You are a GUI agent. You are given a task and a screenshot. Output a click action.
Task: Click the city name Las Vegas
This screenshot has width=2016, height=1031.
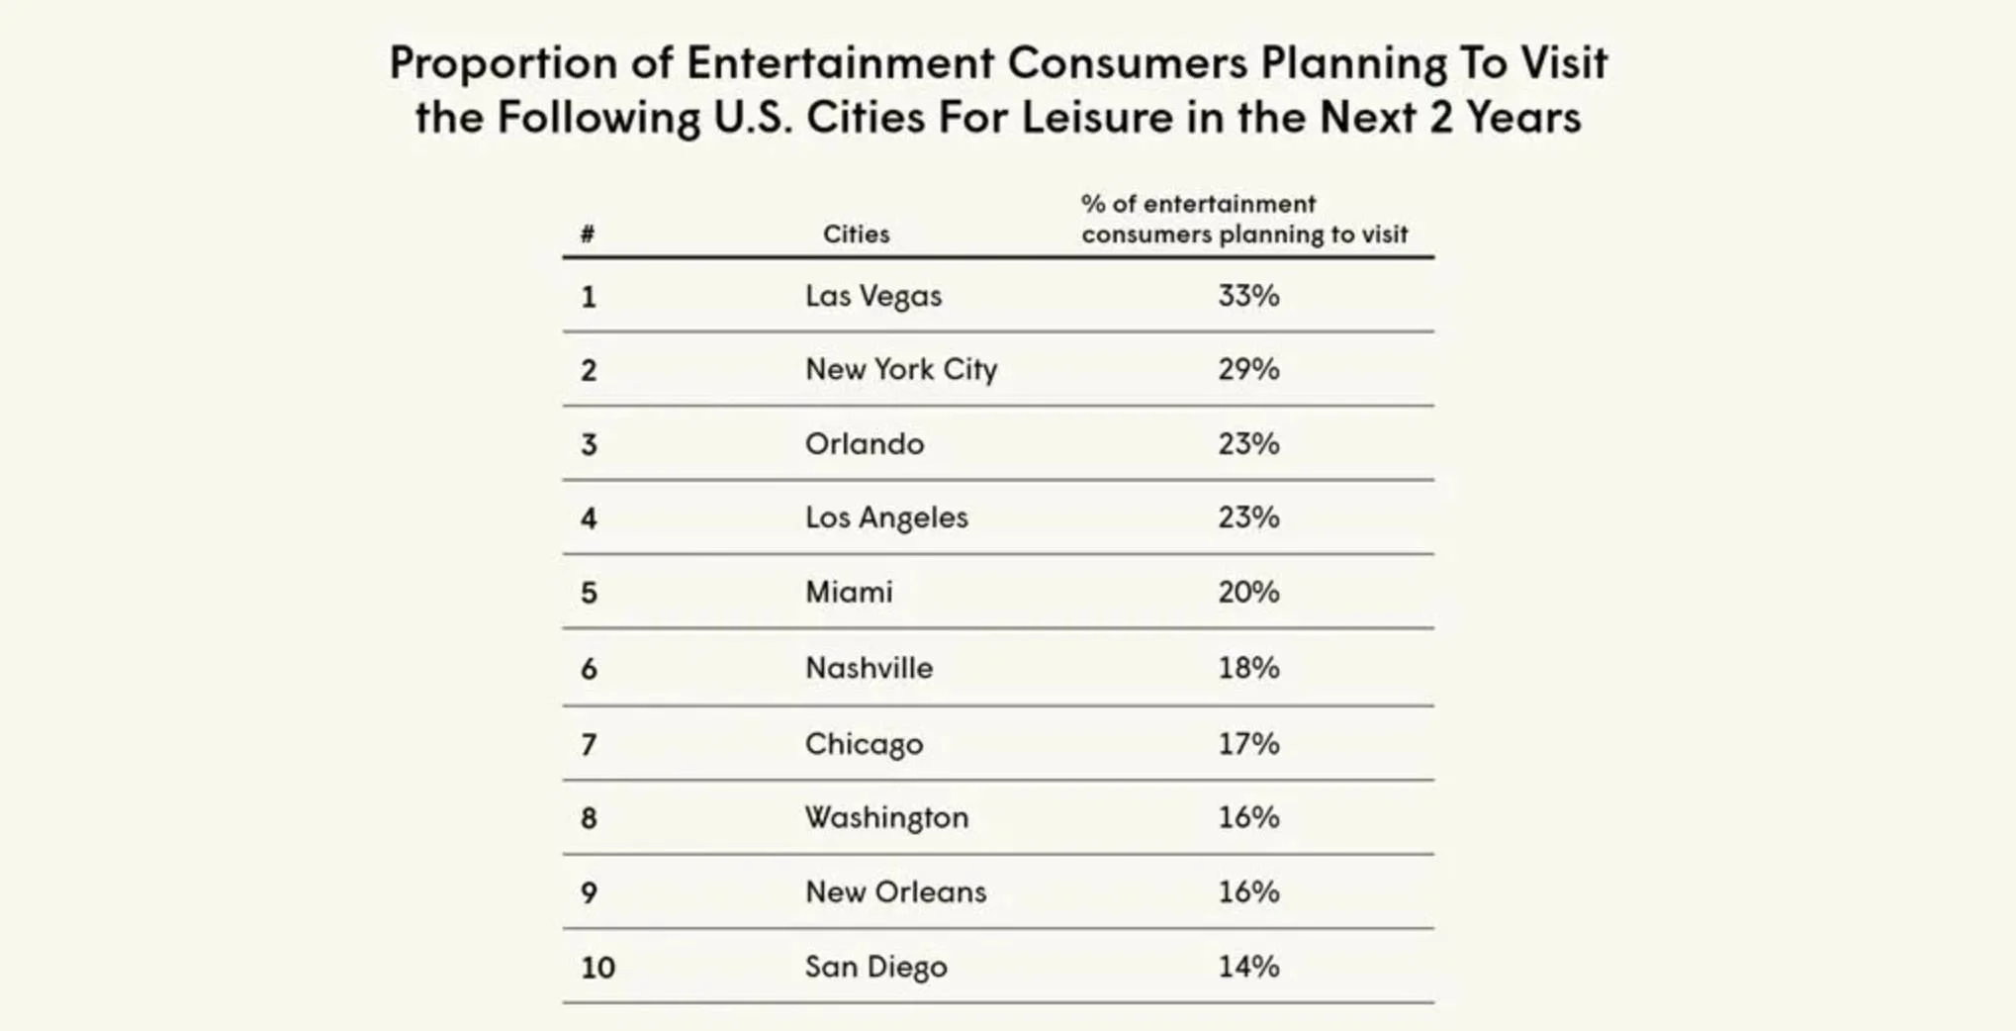pos(872,296)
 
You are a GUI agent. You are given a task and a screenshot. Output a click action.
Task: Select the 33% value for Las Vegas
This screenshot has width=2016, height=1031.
pos(1248,296)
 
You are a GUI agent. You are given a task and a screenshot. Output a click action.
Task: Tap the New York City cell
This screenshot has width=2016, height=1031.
pos(900,369)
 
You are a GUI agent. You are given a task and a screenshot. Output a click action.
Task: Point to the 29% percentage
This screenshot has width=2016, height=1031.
pos(1248,369)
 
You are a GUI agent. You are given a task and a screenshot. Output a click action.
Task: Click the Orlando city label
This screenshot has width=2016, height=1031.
pos(864,443)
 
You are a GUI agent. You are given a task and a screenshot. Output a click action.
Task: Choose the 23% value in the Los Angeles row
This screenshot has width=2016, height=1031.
pos(1248,517)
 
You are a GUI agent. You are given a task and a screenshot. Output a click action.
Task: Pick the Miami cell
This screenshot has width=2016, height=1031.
pos(848,592)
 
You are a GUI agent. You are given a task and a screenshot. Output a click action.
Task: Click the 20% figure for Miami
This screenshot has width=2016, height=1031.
pos(1248,592)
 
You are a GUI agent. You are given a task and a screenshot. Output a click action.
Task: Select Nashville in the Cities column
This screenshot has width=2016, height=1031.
pos(869,668)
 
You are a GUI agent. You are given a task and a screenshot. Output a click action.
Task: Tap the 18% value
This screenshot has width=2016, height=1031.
pos(1248,668)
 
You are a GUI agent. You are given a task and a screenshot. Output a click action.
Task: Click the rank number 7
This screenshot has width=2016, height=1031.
pos(589,744)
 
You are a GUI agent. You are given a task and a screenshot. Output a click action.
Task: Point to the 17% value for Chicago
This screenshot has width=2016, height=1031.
pos(1248,743)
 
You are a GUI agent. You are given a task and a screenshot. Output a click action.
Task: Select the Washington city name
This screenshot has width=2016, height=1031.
pos(886,817)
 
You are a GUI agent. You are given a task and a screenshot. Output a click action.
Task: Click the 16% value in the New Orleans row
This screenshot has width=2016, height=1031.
pos(1248,891)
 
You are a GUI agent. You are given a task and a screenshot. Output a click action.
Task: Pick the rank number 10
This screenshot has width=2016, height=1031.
pos(597,967)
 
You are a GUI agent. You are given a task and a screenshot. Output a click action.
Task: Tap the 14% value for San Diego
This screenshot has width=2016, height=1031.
pos(1248,966)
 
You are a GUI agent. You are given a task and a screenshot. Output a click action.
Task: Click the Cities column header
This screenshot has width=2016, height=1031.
pos(856,234)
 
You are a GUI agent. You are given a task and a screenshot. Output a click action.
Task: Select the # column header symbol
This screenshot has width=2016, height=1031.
pos(588,234)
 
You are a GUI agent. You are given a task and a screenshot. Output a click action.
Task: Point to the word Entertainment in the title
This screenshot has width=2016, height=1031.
pos(840,63)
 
